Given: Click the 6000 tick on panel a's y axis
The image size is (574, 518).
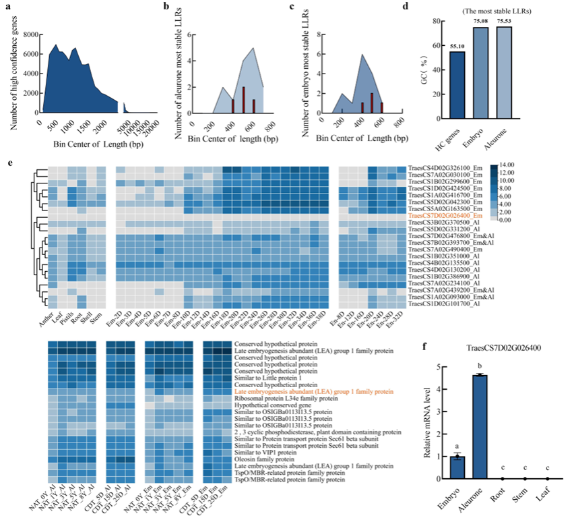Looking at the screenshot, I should (26, 54).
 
